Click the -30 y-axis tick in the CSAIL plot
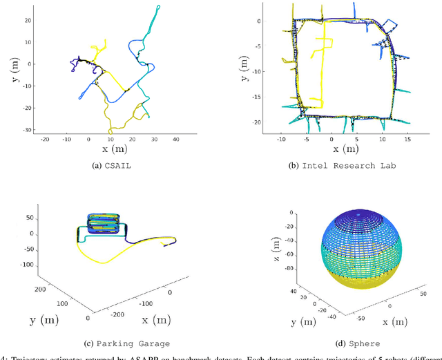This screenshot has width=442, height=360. pyautogui.click(x=28, y=129)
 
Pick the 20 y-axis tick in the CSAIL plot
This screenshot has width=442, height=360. pyautogui.click(x=28, y=20)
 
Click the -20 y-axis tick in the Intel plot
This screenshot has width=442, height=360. pyautogui.click(x=256, y=122)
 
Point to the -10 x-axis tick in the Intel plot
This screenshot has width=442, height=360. pyautogui.click(x=281, y=139)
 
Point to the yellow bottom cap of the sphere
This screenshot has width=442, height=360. pyautogui.click(x=358, y=281)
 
